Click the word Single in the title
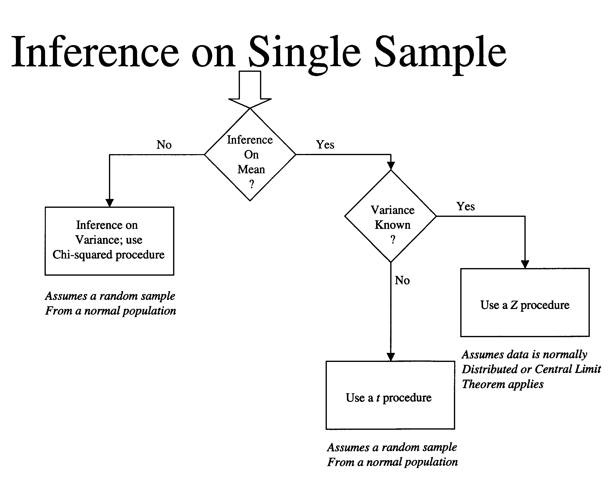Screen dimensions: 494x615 305,53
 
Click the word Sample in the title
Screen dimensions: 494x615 440,53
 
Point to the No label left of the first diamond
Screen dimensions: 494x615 164,145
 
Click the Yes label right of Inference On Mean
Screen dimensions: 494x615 325,145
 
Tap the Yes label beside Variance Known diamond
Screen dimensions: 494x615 465,207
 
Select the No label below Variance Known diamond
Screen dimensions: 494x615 402,280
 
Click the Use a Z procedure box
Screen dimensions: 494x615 525,302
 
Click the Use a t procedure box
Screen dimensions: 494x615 390,395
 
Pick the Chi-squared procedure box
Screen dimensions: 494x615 109,241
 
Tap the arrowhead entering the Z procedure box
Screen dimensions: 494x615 525,264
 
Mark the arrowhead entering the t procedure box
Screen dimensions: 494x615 391,357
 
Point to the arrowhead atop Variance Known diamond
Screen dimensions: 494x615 391,166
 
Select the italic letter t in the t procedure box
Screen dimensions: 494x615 378,398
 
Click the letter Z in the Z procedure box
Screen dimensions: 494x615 514,305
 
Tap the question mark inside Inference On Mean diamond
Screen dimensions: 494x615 251,184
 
